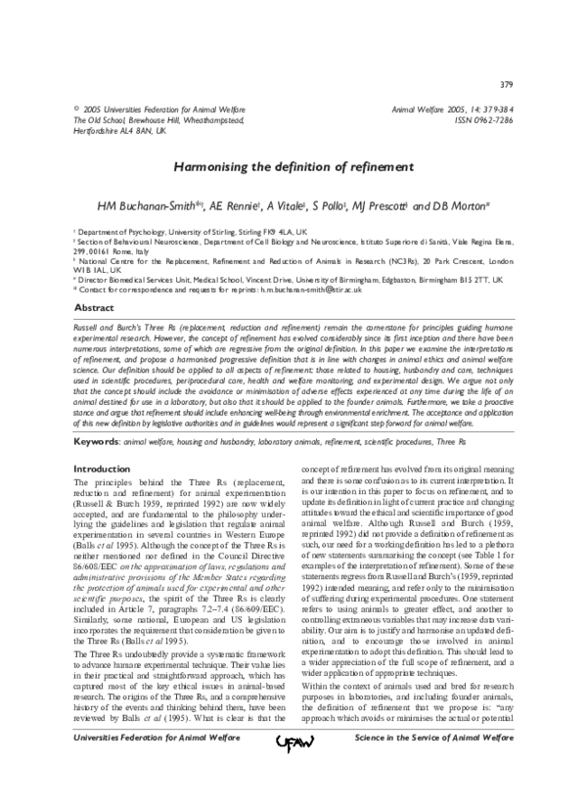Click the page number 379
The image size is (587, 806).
(x=507, y=86)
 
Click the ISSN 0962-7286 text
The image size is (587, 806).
(x=480, y=119)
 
